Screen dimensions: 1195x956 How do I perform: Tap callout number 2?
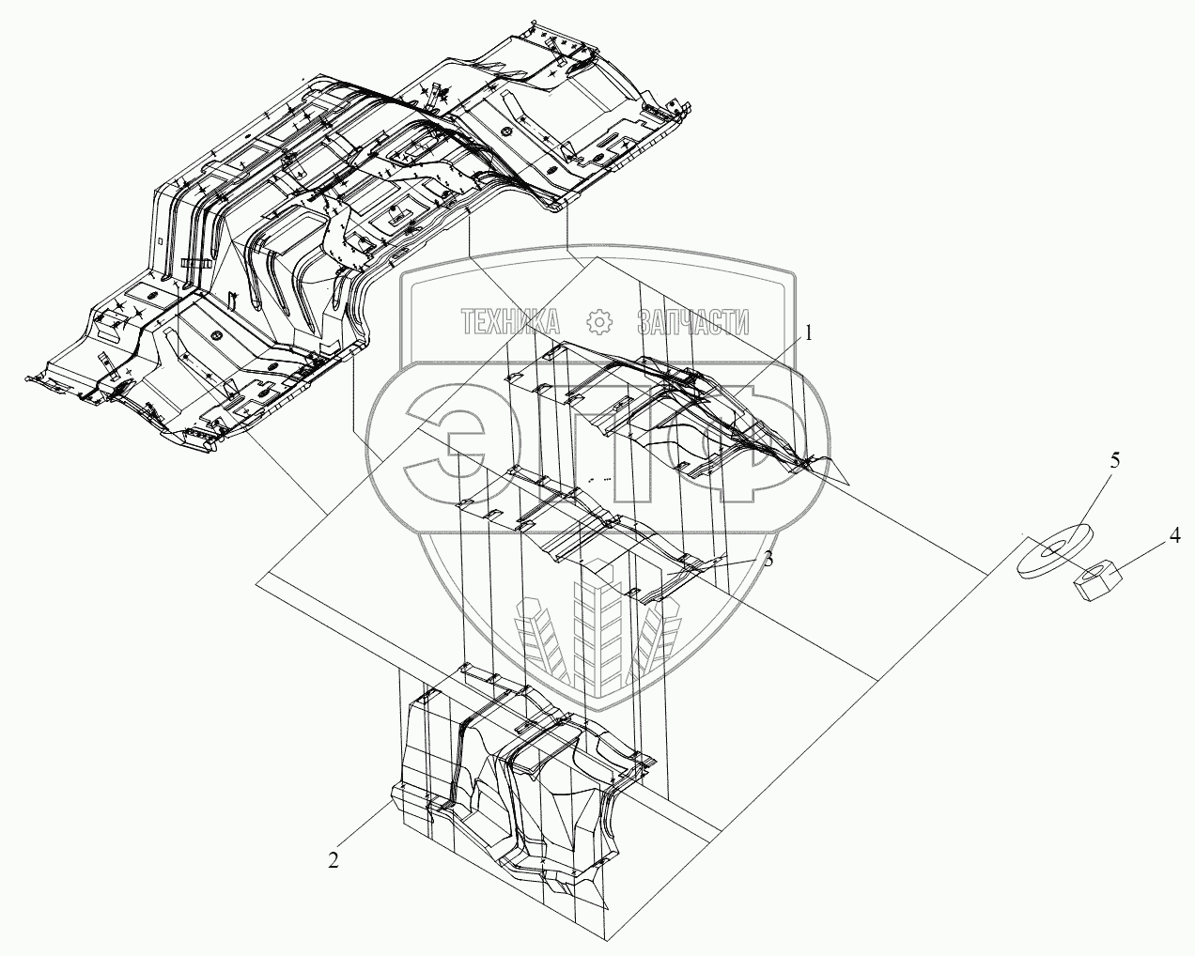point(334,858)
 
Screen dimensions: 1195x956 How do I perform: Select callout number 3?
point(768,559)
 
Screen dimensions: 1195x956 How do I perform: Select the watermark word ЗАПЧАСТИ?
point(693,323)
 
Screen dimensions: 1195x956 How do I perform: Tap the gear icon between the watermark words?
point(598,323)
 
